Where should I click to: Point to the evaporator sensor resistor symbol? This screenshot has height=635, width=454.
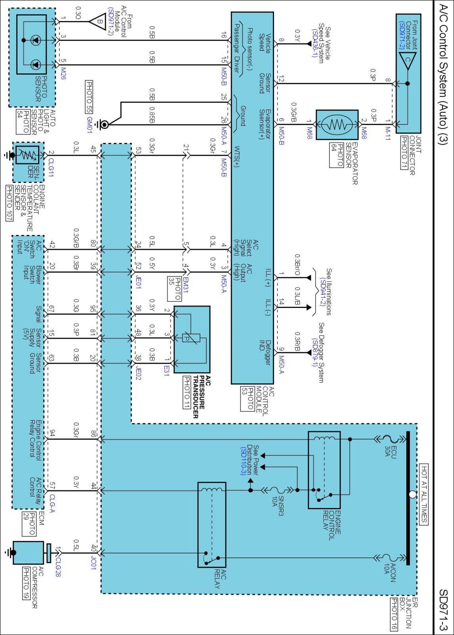[337, 125]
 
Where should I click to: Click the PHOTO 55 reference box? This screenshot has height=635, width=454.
[89, 97]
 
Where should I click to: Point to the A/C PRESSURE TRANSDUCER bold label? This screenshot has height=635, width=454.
[199, 397]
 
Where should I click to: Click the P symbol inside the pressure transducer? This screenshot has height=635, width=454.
[187, 338]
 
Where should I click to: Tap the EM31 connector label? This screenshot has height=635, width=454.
[186, 285]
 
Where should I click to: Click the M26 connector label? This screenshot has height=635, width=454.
[64, 73]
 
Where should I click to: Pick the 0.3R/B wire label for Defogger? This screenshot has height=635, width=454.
[298, 342]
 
